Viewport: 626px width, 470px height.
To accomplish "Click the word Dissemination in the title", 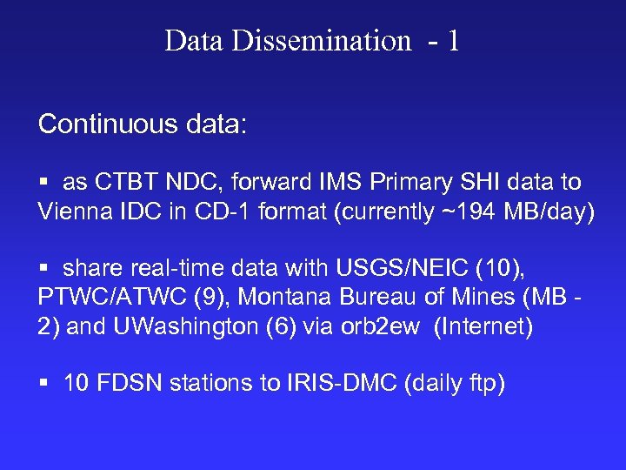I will coord(321,40).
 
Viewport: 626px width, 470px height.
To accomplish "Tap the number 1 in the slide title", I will coord(453,40).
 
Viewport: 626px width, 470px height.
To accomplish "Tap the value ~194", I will coord(465,211).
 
